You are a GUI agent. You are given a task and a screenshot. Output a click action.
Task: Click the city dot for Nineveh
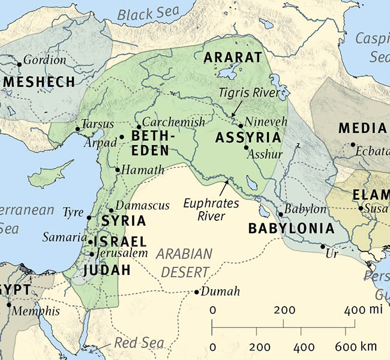241,126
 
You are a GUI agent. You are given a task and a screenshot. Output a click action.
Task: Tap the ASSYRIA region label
248,138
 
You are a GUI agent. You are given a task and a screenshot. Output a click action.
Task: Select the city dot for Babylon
280,214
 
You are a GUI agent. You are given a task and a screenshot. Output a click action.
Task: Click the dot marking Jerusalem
91,254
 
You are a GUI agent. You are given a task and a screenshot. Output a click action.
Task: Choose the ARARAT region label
233,58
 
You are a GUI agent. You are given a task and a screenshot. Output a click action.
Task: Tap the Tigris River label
248,93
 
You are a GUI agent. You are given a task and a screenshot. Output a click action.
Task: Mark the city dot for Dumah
197,292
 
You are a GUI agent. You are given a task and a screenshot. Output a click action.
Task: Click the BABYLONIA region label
291,229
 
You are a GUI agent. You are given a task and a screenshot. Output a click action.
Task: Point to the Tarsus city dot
77,128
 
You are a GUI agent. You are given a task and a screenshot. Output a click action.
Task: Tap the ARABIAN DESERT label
186,262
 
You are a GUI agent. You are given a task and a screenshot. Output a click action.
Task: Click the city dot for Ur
323,247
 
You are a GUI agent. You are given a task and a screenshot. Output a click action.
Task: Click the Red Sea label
139,343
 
